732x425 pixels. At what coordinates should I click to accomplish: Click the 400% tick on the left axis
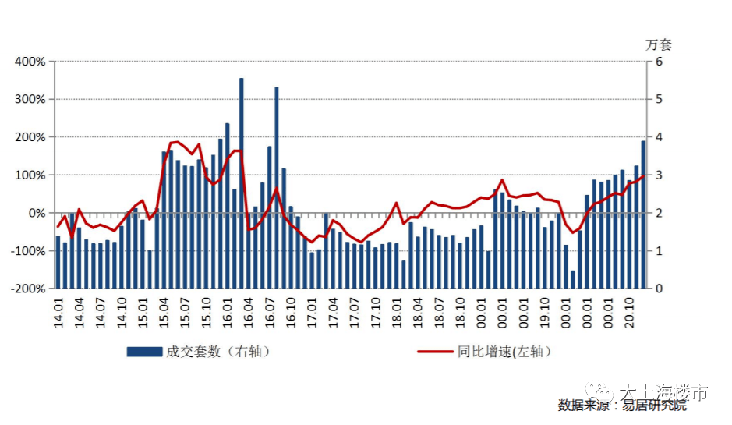pyautogui.click(x=30, y=62)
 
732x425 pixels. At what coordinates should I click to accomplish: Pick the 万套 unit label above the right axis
pyautogui.click(x=658, y=44)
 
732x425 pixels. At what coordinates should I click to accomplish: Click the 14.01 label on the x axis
pyautogui.click(x=58, y=312)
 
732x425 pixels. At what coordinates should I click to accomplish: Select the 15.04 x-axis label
pyautogui.click(x=164, y=312)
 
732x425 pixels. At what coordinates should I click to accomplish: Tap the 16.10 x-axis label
pyautogui.click(x=291, y=312)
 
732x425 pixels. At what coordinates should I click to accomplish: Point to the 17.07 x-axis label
pyautogui.click(x=355, y=312)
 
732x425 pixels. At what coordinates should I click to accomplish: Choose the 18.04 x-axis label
pyautogui.click(x=418, y=312)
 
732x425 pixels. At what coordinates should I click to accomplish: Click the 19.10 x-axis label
pyautogui.click(x=545, y=312)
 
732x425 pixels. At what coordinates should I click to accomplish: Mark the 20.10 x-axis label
pyautogui.click(x=630, y=312)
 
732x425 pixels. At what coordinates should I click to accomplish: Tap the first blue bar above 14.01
pyautogui.click(x=58, y=262)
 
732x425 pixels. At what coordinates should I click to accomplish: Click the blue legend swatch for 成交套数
pyautogui.click(x=144, y=352)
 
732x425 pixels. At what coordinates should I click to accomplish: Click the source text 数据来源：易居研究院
pyautogui.click(x=622, y=405)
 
